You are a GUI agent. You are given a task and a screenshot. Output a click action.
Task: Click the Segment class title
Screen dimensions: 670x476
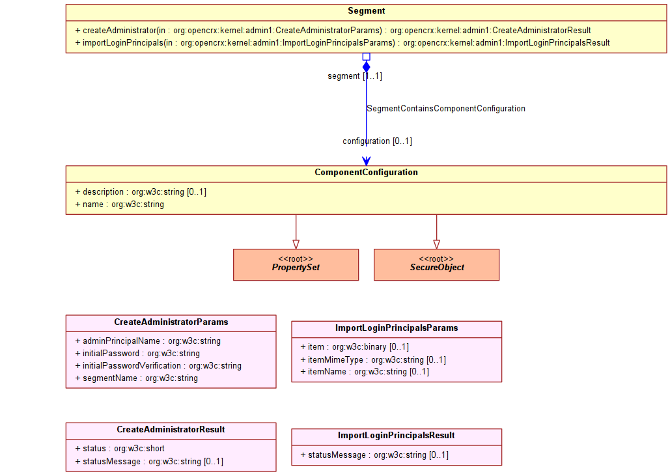click(x=366, y=11)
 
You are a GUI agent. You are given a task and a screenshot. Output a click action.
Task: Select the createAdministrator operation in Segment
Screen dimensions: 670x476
click(x=333, y=31)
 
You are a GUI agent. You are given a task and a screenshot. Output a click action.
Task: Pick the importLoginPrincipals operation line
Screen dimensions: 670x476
click(x=342, y=43)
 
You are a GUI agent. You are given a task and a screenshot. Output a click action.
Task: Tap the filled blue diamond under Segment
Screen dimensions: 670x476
click(x=366, y=67)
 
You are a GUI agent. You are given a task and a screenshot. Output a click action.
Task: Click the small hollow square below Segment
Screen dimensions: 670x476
click(x=366, y=57)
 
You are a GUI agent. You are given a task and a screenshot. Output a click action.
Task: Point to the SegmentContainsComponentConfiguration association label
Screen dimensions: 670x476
click(x=446, y=109)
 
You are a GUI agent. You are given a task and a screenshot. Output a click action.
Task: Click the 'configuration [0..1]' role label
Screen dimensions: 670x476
click(x=377, y=141)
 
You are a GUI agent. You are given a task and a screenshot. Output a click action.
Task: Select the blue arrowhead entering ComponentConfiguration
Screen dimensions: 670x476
click(x=366, y=161)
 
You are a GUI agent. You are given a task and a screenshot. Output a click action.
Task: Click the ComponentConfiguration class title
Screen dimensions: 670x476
click(x=366, y=173)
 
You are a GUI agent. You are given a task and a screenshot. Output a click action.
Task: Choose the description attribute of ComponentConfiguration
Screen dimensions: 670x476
click(x=141, y=192)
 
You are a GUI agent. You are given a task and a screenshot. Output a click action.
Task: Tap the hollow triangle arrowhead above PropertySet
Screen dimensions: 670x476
click(x=296, y=244)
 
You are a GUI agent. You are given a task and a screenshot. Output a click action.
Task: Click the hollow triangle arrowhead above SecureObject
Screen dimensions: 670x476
click(x=436, y=244)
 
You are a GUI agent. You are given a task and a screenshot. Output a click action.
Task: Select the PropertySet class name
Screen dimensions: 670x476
click(x=296, y=268)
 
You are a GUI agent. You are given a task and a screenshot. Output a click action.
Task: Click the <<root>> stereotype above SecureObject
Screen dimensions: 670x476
click(x=436, y=259)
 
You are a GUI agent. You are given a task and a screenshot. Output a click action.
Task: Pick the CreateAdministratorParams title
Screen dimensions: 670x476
click(x=171, y=322)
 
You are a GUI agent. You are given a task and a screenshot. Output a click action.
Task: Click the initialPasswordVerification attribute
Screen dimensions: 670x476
click(x=158, y=366)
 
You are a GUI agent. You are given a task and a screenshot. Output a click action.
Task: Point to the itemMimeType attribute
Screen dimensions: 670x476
click(x=373, y=360)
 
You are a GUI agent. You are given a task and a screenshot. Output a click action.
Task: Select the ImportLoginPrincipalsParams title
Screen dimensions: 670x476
click(x=397, y=328)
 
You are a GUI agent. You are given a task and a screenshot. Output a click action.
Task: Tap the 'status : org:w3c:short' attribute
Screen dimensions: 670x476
click(x=120, y=449)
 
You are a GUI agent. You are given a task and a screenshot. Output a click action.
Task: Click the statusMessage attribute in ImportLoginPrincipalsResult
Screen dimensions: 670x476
click(x=374, y=455)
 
